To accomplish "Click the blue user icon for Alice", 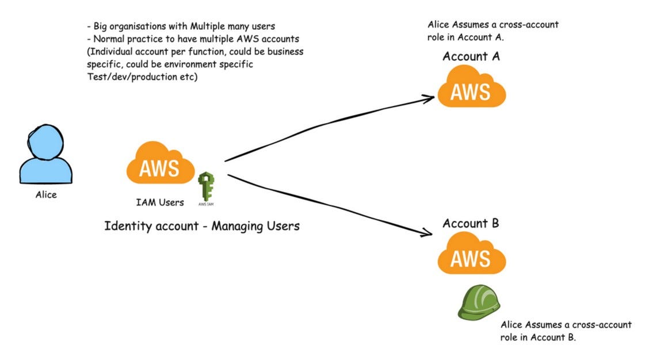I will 46,155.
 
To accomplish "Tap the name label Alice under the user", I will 46,195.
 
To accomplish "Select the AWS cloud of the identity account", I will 161,164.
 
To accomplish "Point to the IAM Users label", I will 161,202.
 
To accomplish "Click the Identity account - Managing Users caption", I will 202,226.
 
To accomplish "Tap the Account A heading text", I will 471,56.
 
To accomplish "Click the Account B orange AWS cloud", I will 471,257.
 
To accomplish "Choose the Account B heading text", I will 471,223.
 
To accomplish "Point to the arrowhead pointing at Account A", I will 429,98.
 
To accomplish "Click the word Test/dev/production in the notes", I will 125,77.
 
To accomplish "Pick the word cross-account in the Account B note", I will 605,325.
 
